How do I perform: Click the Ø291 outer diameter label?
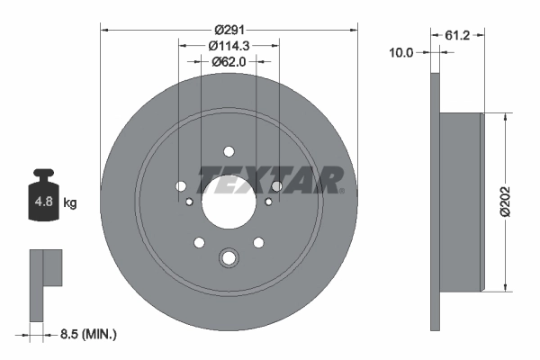[229, 14]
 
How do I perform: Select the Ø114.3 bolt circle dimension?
[229, 45]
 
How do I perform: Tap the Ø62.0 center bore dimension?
[229, 63]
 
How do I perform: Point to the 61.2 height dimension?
[460, 36]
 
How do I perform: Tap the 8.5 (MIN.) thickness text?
[86, 334]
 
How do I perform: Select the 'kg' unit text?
[70, 203]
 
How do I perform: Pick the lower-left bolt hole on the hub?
[198, 241]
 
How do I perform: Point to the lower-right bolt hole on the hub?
[258, 241]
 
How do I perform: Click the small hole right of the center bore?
[269, 203]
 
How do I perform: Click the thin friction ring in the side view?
[436, 202]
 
